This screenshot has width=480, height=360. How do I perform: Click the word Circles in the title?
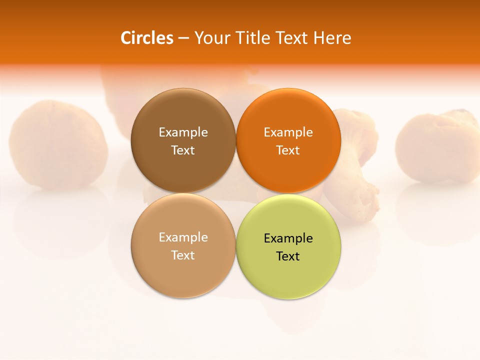[146, 38]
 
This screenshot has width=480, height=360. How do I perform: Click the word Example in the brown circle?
[183, 132]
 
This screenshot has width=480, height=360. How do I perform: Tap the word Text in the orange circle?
[288, 150]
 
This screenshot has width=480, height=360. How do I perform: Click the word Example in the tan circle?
[183, 237]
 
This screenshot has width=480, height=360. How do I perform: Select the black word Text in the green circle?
[288, 256]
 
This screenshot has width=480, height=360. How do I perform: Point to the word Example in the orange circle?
[288, 132]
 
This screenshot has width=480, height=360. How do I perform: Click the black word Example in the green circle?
[288, 238]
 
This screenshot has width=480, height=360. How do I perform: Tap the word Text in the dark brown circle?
[183, 150]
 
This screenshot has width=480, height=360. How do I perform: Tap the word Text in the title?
[292, 38]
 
